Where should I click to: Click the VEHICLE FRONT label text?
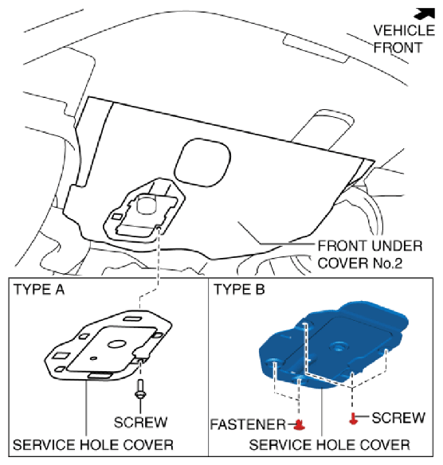tap(404, 39)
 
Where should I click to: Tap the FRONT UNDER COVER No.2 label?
tap(370, 255)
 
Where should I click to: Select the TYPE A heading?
tap(39, 290)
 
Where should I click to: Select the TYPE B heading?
tap(239, 289)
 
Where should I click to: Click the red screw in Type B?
tap(353, 418)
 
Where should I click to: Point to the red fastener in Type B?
tap(300, 424)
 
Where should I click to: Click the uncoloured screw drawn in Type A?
tap(140, 389)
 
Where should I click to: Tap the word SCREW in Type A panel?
tap(141, 422)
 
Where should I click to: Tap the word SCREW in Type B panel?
tap(398, 418)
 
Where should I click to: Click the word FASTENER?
tap(248, 424)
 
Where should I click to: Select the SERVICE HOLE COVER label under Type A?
tap(93, 445)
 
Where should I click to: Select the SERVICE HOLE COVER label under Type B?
tap(330, 445)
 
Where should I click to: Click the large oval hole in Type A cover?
tap(116, 344)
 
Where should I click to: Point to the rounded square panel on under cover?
tap(202, 162)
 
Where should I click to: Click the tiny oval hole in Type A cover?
tap(93, 358)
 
